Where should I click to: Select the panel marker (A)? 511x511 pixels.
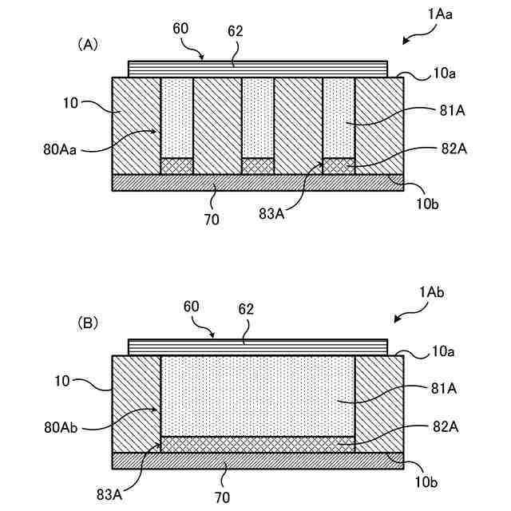[87, 46]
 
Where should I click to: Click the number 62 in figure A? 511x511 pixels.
[234, 32]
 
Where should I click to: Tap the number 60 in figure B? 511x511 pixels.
[192, 307]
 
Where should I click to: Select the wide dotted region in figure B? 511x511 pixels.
[257, 395]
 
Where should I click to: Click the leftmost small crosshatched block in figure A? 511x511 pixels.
[176, 165]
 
